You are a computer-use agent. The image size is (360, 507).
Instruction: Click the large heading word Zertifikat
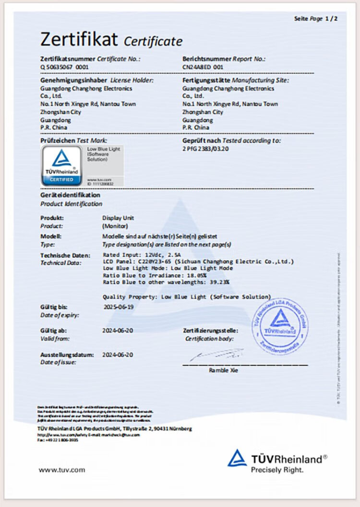[79, 38]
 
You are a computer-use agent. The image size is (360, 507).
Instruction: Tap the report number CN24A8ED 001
[203, 67]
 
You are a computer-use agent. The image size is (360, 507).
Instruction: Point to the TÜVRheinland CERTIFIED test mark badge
[61, 165]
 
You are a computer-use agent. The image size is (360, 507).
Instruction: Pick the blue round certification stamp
[280, 326]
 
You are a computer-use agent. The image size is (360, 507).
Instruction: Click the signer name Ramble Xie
[223, 370]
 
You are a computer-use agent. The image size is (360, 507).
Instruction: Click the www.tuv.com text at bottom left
[61, 470]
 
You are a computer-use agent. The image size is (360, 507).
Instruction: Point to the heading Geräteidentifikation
[71, 195]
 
